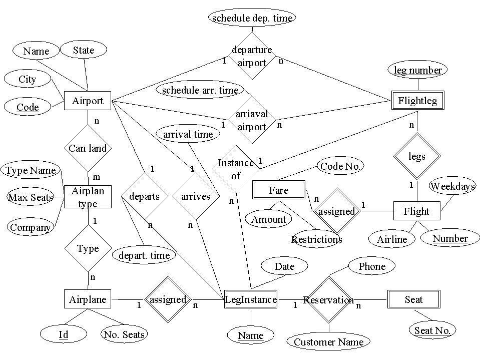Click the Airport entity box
coord(88,101)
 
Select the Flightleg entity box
coord(417,101)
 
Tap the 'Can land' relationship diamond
coord(88,148)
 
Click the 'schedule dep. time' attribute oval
coord(252,18)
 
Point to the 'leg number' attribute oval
coord(417,70)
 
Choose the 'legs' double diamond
coord(416,156)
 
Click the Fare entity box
coord(278,190)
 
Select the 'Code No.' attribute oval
coord(340,166)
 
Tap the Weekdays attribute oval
coord(452,186)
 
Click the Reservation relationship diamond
coord(329,300)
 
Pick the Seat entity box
coord(414,299)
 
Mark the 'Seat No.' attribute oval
coord(432,330)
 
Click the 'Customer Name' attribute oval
coord(328,342)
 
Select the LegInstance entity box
coord(251,299)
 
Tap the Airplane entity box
coord(88,299)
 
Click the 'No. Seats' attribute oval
coord(124,334)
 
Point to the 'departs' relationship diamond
coord(144,196)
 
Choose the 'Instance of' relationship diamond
coord(236,169)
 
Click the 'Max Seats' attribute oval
coord(30,197)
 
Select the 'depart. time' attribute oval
coord(144,255)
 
